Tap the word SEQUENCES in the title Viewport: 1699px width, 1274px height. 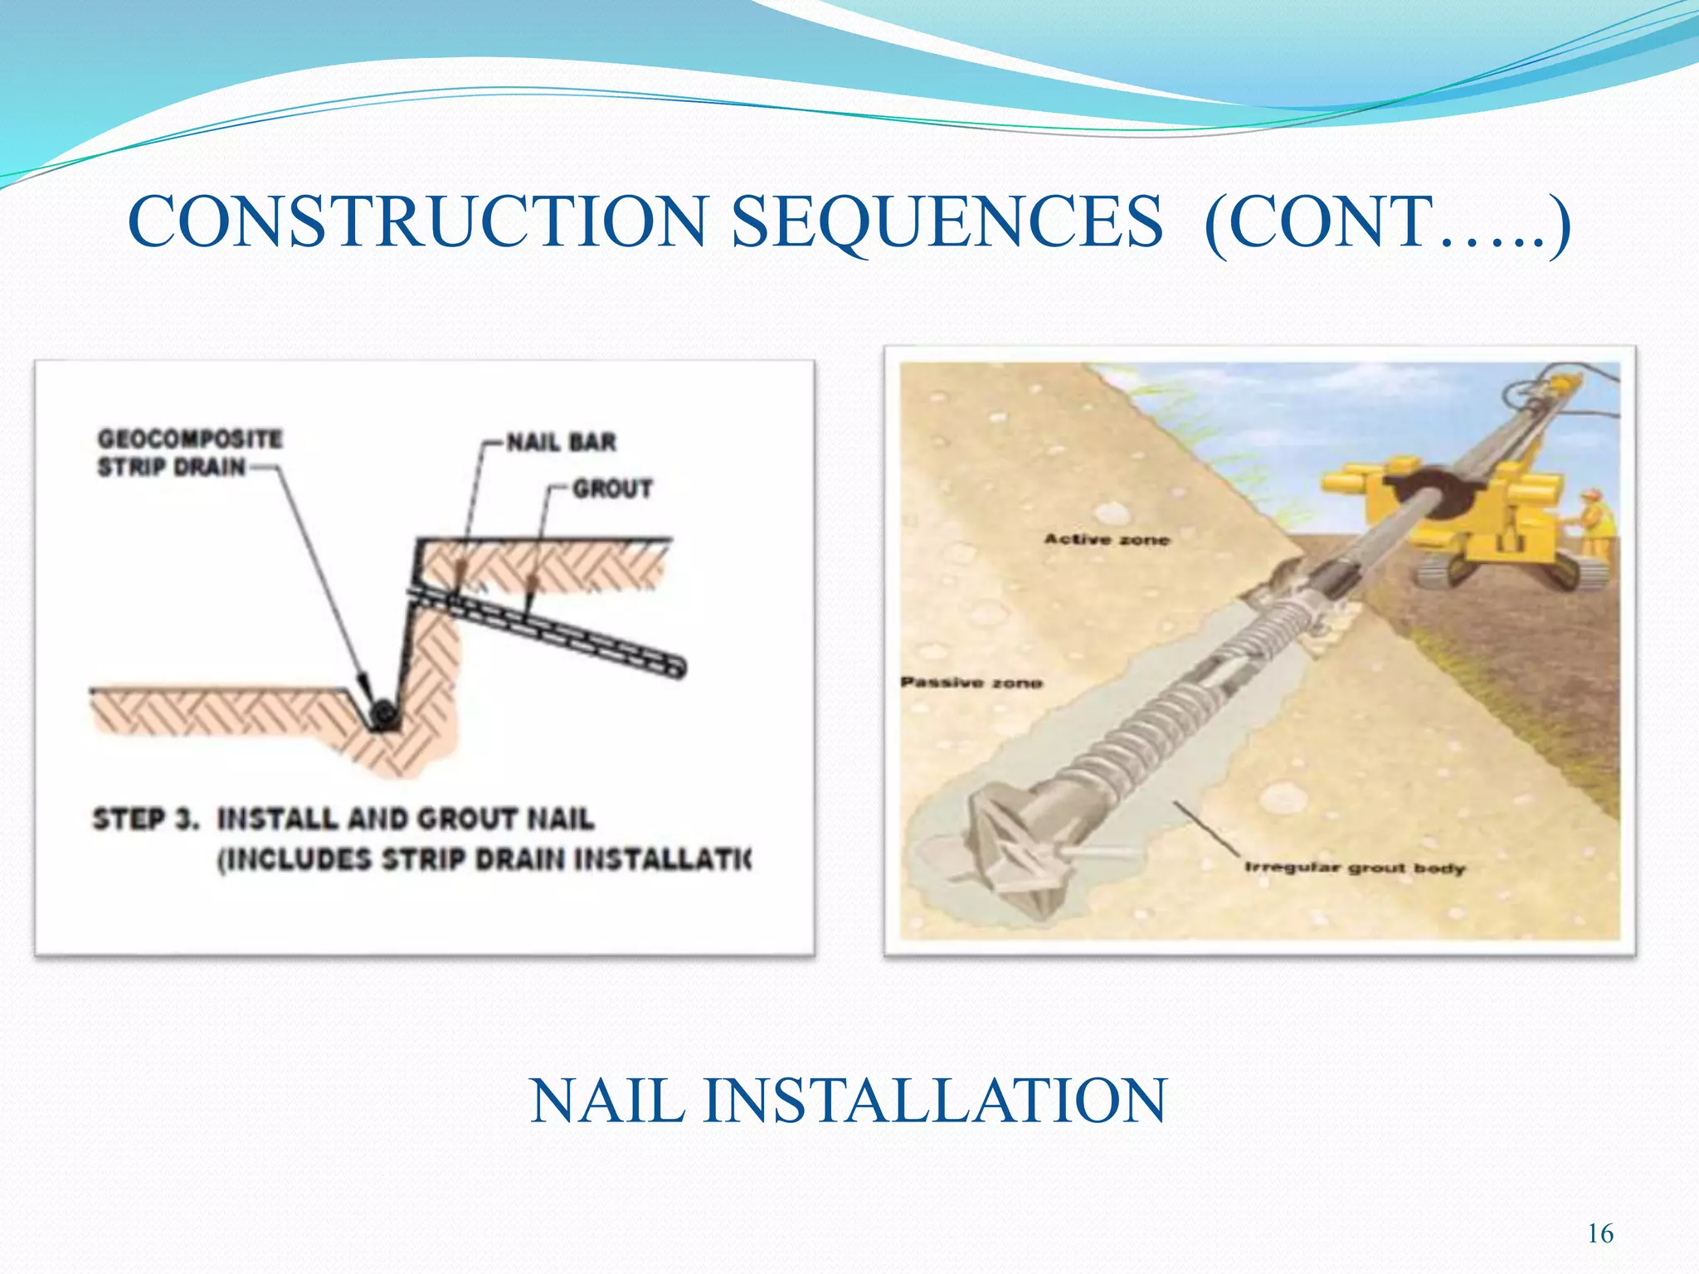pos(947,222)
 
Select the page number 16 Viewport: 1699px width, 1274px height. pos(1599,1233)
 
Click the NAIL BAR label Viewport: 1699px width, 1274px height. pos(562,442)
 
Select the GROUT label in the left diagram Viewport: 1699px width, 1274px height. pos(612,489)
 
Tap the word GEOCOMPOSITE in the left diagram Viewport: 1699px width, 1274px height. pos(190,438)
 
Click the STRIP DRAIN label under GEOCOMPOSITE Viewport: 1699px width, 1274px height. pos(172,467)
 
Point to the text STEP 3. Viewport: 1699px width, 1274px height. pos(145,819)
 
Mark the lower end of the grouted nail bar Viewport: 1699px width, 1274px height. pos(676,665)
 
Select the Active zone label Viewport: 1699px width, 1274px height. pos(1106,539)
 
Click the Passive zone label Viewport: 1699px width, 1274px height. pos(971,683)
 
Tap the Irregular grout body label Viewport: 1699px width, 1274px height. pos(1354,868)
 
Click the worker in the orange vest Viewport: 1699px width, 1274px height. pos(1597,523)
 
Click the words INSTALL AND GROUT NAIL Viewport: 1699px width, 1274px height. pos(406,819)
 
